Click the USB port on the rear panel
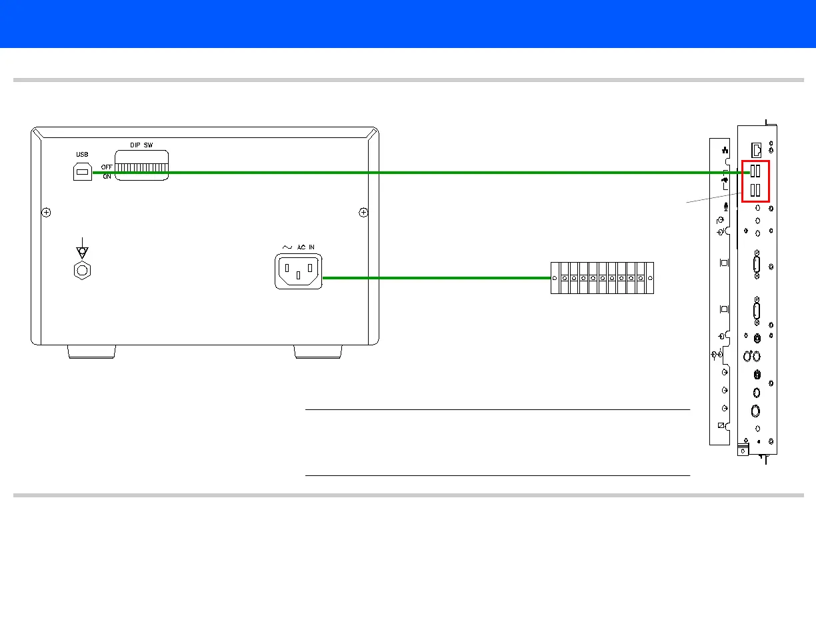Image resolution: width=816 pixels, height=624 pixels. pos(82,171)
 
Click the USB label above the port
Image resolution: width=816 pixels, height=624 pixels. pos(81,155)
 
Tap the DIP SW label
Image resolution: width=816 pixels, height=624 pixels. pos(142,145)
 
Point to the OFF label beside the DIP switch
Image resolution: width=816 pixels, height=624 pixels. pos(107,167)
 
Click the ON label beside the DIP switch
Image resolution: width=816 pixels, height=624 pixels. pos(107,177)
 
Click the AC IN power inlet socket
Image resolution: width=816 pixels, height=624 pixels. pos(298,271)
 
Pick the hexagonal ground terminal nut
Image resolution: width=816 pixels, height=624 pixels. pos(82,270)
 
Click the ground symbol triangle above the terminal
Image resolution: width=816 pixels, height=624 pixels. pos(82,252)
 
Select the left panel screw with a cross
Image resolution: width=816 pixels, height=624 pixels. pos(46,213)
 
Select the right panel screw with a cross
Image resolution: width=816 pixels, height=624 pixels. pos(363,213)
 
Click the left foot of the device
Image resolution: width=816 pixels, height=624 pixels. pos(91,352)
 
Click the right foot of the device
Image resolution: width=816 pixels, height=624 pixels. pos(318,352)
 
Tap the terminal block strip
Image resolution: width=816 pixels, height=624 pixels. pos(602,277)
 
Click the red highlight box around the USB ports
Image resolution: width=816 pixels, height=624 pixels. pos(755,181)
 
